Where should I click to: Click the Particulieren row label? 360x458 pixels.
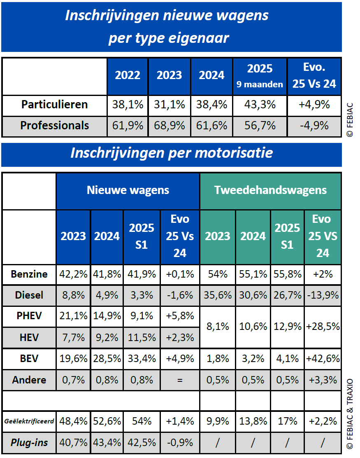coord(54,105)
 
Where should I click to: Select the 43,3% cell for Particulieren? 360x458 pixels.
coord(260,105)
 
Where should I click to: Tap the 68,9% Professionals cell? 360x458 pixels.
coord(170,126)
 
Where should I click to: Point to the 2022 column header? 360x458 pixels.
coord(128,75)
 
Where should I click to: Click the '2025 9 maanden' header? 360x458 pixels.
coord(260,75)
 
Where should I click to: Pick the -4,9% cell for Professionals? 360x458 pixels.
coord(314,126)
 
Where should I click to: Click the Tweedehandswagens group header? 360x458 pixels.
coord(270,190)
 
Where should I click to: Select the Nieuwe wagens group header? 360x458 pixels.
coord(128,190)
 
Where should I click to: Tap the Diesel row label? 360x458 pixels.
coord(29,295)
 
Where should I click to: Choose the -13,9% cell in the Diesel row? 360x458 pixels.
coord(323,295)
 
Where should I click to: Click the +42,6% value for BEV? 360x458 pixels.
coord(323,358)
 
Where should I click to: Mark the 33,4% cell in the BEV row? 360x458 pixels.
coord(141,358)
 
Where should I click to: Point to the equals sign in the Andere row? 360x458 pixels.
coord(179,380)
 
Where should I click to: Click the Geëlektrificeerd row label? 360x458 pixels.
coord(29,421)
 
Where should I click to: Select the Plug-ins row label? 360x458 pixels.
coord(29,443)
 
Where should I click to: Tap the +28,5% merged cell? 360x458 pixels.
coord(323,327)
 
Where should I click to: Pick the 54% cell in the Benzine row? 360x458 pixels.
coord(217,274)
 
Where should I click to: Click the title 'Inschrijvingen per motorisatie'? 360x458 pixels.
coord(172,153)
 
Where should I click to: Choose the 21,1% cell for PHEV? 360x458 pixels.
coord(73,316)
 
